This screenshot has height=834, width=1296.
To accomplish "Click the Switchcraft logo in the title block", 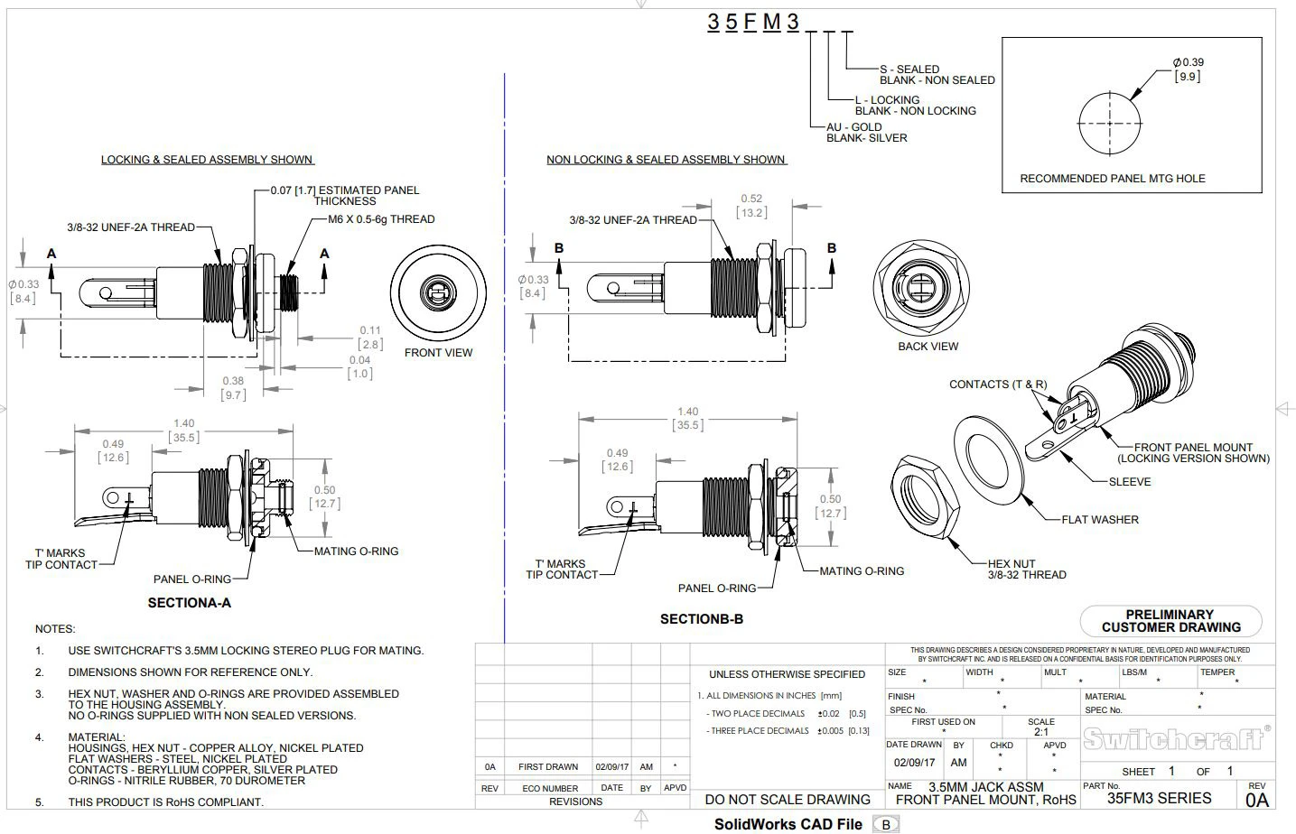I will [1175, 738].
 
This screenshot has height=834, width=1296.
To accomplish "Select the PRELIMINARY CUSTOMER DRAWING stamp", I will [1170, 621].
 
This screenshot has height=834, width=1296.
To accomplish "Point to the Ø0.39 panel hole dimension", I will [1188, 69].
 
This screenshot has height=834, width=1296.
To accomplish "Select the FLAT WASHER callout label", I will [1099, 520].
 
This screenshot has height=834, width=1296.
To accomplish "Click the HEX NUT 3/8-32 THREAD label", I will [1026, 569].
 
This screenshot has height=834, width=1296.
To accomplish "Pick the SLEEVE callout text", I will [1129, 482].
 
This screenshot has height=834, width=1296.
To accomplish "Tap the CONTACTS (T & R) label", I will [997, 385].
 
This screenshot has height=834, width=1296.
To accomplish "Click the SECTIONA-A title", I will [189, 603].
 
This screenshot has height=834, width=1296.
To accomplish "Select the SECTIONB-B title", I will [701, 619].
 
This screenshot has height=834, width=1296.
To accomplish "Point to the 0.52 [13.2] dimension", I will [751, 206].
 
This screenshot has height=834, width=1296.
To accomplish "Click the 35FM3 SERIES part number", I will [1159, 798].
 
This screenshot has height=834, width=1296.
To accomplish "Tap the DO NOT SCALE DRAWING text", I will [787, 799].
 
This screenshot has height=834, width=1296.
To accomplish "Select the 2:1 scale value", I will [1041, 732].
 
